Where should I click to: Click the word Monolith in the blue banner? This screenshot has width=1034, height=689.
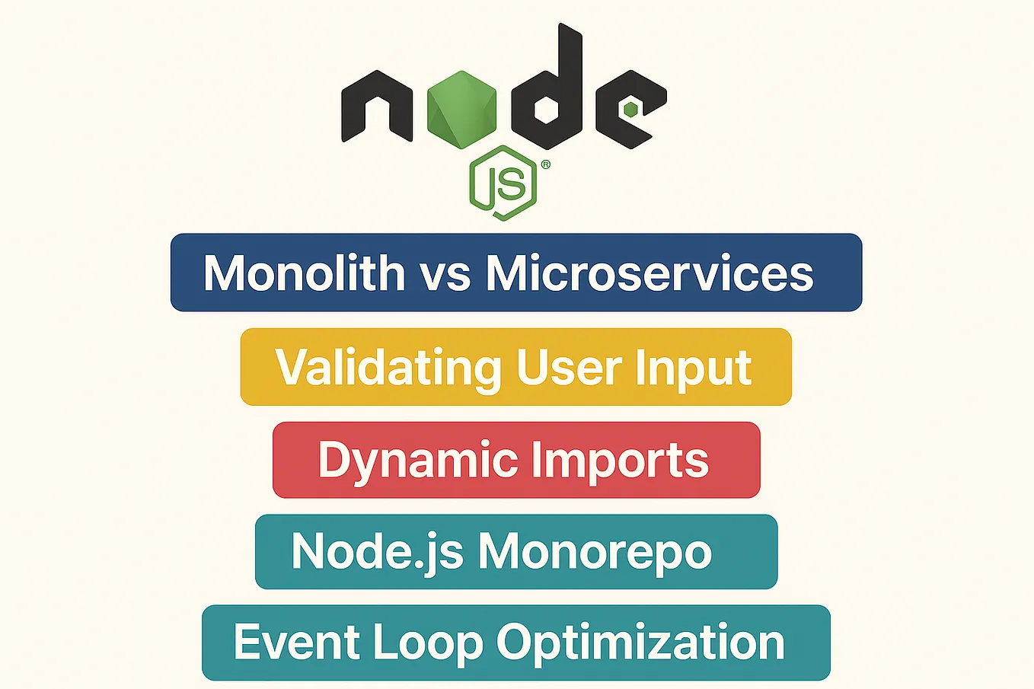click(x=304, y=273)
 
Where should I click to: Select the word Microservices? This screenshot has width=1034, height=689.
click(x=649, y=273)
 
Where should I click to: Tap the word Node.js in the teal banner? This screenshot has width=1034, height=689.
click(x=377, y=552)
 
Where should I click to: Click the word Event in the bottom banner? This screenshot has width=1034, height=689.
click(x=296, y=642)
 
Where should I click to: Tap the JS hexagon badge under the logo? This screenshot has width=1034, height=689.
click(x=503, y=183)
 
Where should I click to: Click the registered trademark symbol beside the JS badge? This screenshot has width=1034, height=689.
click(x=545, y=164)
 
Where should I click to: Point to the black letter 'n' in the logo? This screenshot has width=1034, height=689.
click(x=378, y=107)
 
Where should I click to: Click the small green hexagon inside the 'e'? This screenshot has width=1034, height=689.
click(x=630, y=110)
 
